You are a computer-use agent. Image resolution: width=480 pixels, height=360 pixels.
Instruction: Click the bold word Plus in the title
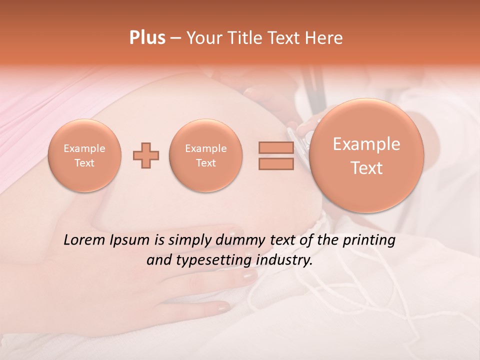(x=147, y=38)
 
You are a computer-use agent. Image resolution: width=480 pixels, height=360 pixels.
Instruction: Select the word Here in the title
(x=325, y=38)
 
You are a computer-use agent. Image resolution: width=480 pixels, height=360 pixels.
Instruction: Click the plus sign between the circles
(x=146, y=155)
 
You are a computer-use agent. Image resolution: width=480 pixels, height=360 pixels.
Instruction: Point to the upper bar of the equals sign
(x=276, y=147)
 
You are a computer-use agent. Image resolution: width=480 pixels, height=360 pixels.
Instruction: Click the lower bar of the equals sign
(x=276, y=163)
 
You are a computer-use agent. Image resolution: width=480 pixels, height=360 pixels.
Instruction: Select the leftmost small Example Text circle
(x=84, y=155)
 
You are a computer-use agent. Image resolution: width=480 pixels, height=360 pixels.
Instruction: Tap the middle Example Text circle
(x=206, y=155)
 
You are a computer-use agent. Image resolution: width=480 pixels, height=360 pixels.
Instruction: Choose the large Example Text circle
(x=366, y=155)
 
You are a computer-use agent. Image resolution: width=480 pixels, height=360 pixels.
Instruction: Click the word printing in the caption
(x=369, y=240)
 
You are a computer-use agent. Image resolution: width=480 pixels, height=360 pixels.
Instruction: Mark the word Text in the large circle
(x=366, y=168)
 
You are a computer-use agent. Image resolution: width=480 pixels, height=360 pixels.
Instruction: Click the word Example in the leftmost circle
(x=84, y=148)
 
